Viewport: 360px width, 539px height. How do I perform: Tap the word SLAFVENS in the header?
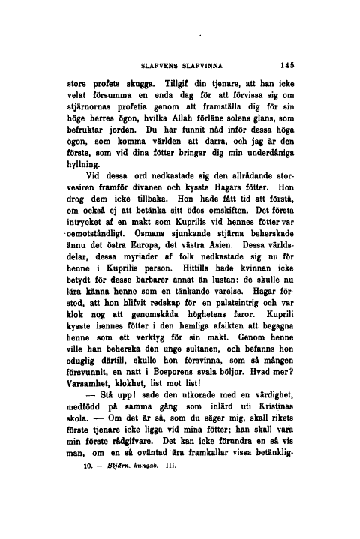point(160,65)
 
